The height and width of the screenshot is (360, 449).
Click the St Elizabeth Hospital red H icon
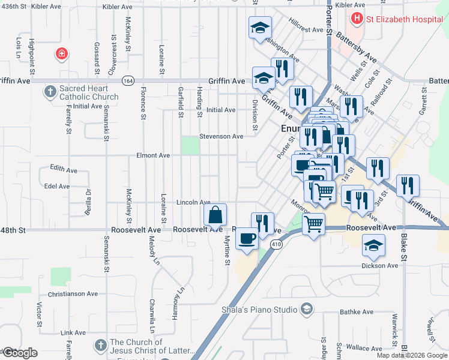[358, 19]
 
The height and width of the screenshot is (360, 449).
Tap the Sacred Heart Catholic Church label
[88, 92]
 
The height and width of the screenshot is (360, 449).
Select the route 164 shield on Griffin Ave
[127, 80]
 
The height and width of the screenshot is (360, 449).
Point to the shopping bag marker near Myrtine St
[215, 215]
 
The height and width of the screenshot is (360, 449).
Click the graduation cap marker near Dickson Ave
[373, 244]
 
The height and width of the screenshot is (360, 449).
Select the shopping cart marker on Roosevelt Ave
[314, 225]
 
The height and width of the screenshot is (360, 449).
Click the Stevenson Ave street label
[221, 136]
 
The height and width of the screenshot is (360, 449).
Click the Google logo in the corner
[20, 353]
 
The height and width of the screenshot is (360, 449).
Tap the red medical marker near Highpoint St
[61, 55]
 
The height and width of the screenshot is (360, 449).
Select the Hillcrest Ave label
[306, 29]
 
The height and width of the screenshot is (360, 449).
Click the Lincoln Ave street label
[193, 203]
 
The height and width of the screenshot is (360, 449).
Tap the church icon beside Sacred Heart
[50, 92]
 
